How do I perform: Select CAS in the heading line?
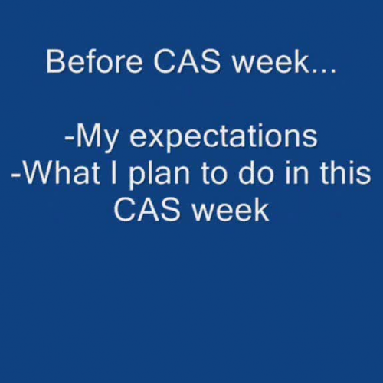pos(176,61)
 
